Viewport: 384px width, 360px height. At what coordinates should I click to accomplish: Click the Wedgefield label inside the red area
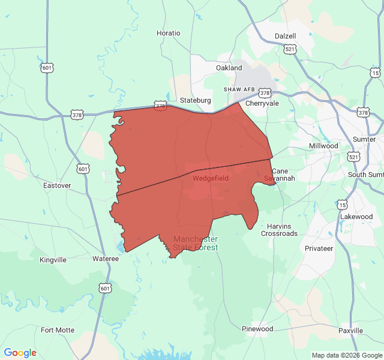210,178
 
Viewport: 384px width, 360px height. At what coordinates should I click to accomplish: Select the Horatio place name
168,33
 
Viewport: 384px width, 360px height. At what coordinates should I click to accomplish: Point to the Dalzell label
286,36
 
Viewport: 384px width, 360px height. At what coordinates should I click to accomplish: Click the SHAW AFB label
239,89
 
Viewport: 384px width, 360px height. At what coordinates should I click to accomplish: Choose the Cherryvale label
262,103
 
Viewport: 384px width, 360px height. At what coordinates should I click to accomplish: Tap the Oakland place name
229,68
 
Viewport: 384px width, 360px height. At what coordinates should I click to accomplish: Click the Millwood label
323,146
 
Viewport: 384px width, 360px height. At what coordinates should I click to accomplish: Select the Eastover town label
57,185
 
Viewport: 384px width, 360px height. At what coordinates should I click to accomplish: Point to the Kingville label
53,260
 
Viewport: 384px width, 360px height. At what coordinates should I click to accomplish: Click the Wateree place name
105,259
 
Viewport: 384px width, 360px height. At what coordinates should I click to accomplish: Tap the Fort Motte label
58,330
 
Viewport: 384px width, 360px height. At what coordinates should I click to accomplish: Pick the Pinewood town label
257,329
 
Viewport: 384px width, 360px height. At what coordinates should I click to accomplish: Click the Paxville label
350,331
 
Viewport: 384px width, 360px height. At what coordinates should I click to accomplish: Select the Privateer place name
319,248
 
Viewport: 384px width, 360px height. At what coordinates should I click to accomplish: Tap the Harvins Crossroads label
279,230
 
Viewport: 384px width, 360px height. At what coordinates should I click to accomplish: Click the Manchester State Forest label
196,243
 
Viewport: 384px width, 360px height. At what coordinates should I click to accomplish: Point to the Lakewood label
356,217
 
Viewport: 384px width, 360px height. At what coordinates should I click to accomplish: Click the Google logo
20,353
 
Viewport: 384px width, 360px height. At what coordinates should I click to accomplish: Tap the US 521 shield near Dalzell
290,49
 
